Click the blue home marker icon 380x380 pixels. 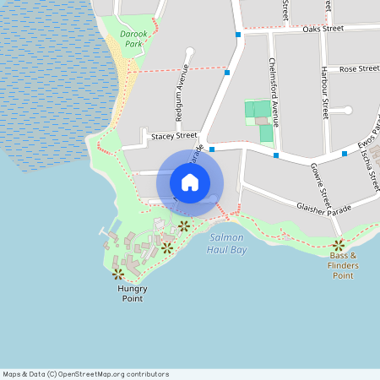pos(189,182)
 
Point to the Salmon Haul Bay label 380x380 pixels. pos(226,244)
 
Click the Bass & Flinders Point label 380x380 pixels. pos(344,265)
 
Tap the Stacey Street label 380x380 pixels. pos(173,135)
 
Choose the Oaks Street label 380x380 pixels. pos(323,28)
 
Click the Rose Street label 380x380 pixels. pos(359,68)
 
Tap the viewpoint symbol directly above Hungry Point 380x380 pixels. pos(118,274)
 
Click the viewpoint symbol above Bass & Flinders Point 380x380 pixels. pos(339,245)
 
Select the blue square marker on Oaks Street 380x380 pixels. pos(239,35)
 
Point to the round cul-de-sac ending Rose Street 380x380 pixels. pos(347,110)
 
